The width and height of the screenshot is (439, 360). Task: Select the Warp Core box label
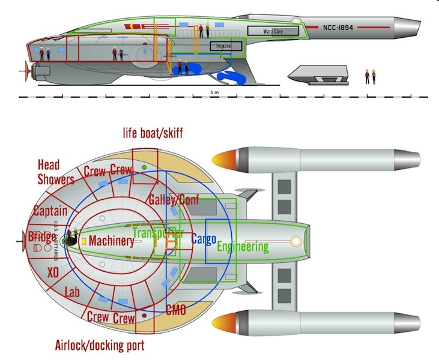click(273, 31)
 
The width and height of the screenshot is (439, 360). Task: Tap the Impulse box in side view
click(225, 45)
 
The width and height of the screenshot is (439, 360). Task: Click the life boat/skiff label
click(153, 133)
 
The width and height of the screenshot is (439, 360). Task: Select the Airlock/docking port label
click(100, 346)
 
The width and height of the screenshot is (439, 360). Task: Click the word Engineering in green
click(243, 247)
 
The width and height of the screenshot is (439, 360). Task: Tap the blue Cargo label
click(203, 238)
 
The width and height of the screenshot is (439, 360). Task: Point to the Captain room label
click(50, 211)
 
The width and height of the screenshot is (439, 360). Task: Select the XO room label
click(52, 272)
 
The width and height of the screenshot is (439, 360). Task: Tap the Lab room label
click(71, 293)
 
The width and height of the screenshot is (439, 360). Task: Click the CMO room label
click(175, 310)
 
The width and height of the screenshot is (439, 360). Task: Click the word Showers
click(56, 179)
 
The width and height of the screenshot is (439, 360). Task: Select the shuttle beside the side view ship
click(313, 74)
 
